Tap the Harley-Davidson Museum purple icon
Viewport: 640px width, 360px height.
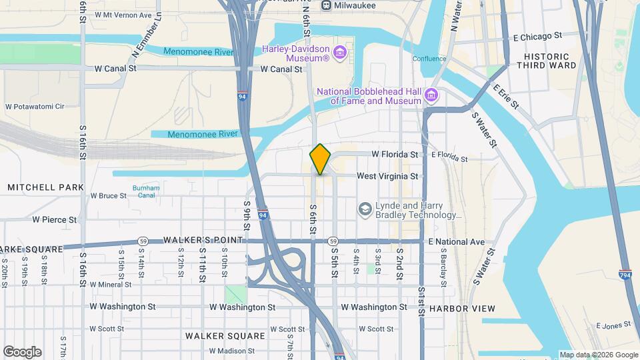[340, 53]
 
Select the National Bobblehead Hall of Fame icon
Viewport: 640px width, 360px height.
[431, 96]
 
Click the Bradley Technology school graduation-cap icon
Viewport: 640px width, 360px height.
[365, 210]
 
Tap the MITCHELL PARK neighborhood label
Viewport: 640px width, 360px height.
[45, 187]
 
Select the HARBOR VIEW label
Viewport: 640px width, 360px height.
[463, 308]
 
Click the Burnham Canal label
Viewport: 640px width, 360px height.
[146, 192]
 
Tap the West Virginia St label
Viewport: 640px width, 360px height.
[387, 176]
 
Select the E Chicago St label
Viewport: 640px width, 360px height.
[535, 35]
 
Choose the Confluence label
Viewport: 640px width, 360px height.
[429, 59]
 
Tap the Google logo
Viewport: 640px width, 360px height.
[22, 351]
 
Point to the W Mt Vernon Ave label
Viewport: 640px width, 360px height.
[123, 14]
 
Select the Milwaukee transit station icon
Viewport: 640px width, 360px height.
[327, 5]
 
